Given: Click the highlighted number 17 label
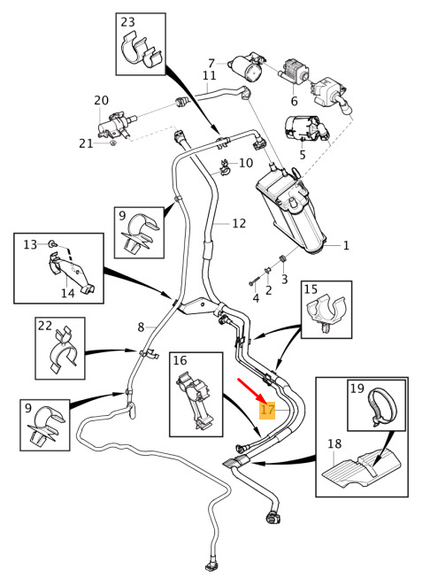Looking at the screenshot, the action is pos(267,410).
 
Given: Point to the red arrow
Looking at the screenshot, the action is pos(251,389).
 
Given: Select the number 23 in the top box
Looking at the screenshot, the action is pos(127,22).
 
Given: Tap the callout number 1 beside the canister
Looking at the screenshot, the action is pos(346,245).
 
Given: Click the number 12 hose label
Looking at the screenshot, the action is pos(239,223).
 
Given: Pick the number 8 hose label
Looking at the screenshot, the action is pos(141,327).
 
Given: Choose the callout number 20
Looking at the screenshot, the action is pos(101,100).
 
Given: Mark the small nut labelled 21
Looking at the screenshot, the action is pos(113,142).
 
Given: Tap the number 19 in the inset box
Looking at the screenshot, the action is pos(357,388).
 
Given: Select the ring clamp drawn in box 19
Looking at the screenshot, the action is pos(382,406).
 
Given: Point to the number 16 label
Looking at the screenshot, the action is pos(180,360).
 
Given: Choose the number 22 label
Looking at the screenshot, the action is pos(45,326).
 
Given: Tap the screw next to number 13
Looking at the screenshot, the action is pos(51,244).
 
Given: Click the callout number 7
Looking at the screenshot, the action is pos(211,63).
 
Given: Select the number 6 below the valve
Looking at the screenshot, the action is pos(295,101).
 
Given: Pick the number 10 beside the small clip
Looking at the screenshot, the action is pos(246,163).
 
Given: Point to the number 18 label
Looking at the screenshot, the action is pos(334,443).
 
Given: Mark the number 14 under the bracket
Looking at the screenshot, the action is pos(68,293).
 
